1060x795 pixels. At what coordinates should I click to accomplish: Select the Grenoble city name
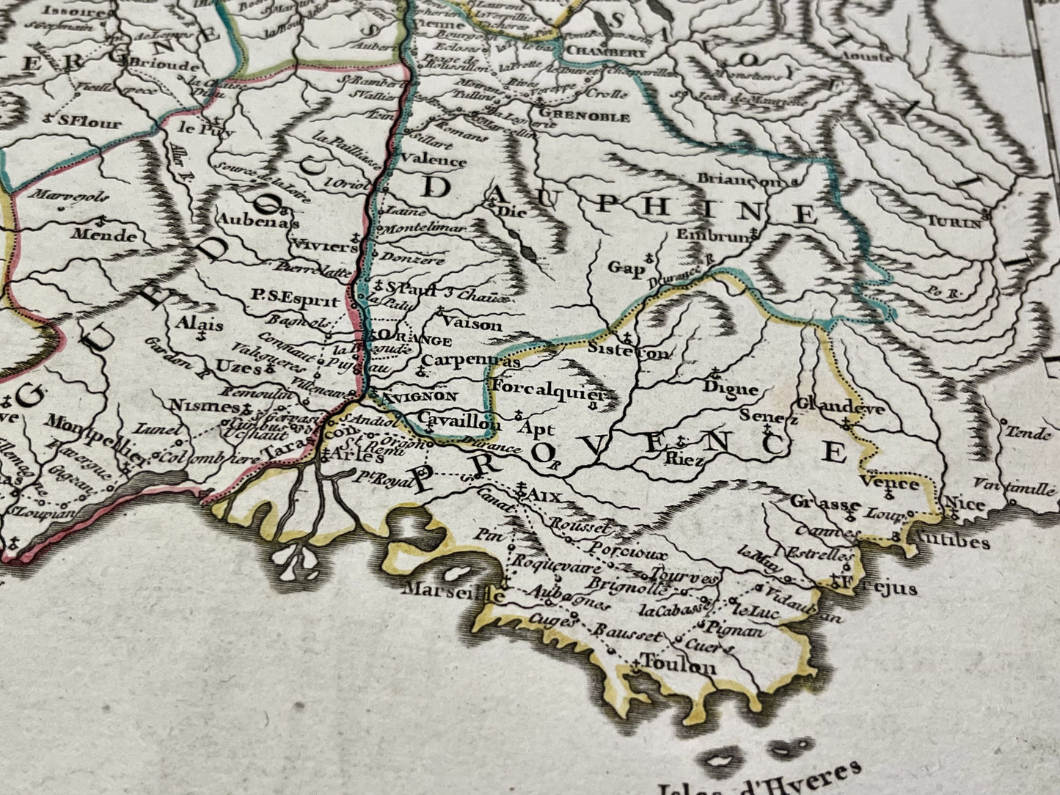(584, 116)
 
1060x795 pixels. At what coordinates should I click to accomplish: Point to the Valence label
(434, 161)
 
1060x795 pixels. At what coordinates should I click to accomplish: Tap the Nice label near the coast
(965, 505)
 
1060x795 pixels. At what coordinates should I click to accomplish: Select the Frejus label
(884, 588)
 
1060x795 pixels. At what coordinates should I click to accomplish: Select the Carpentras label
(471, 361)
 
